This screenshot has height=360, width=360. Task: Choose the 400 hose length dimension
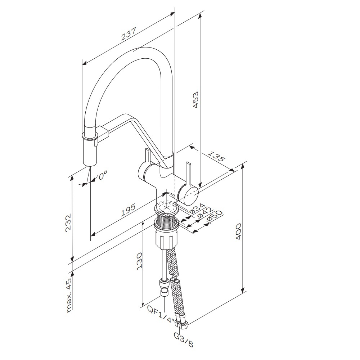(238, 233)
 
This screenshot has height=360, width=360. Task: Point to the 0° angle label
(103, 176)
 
